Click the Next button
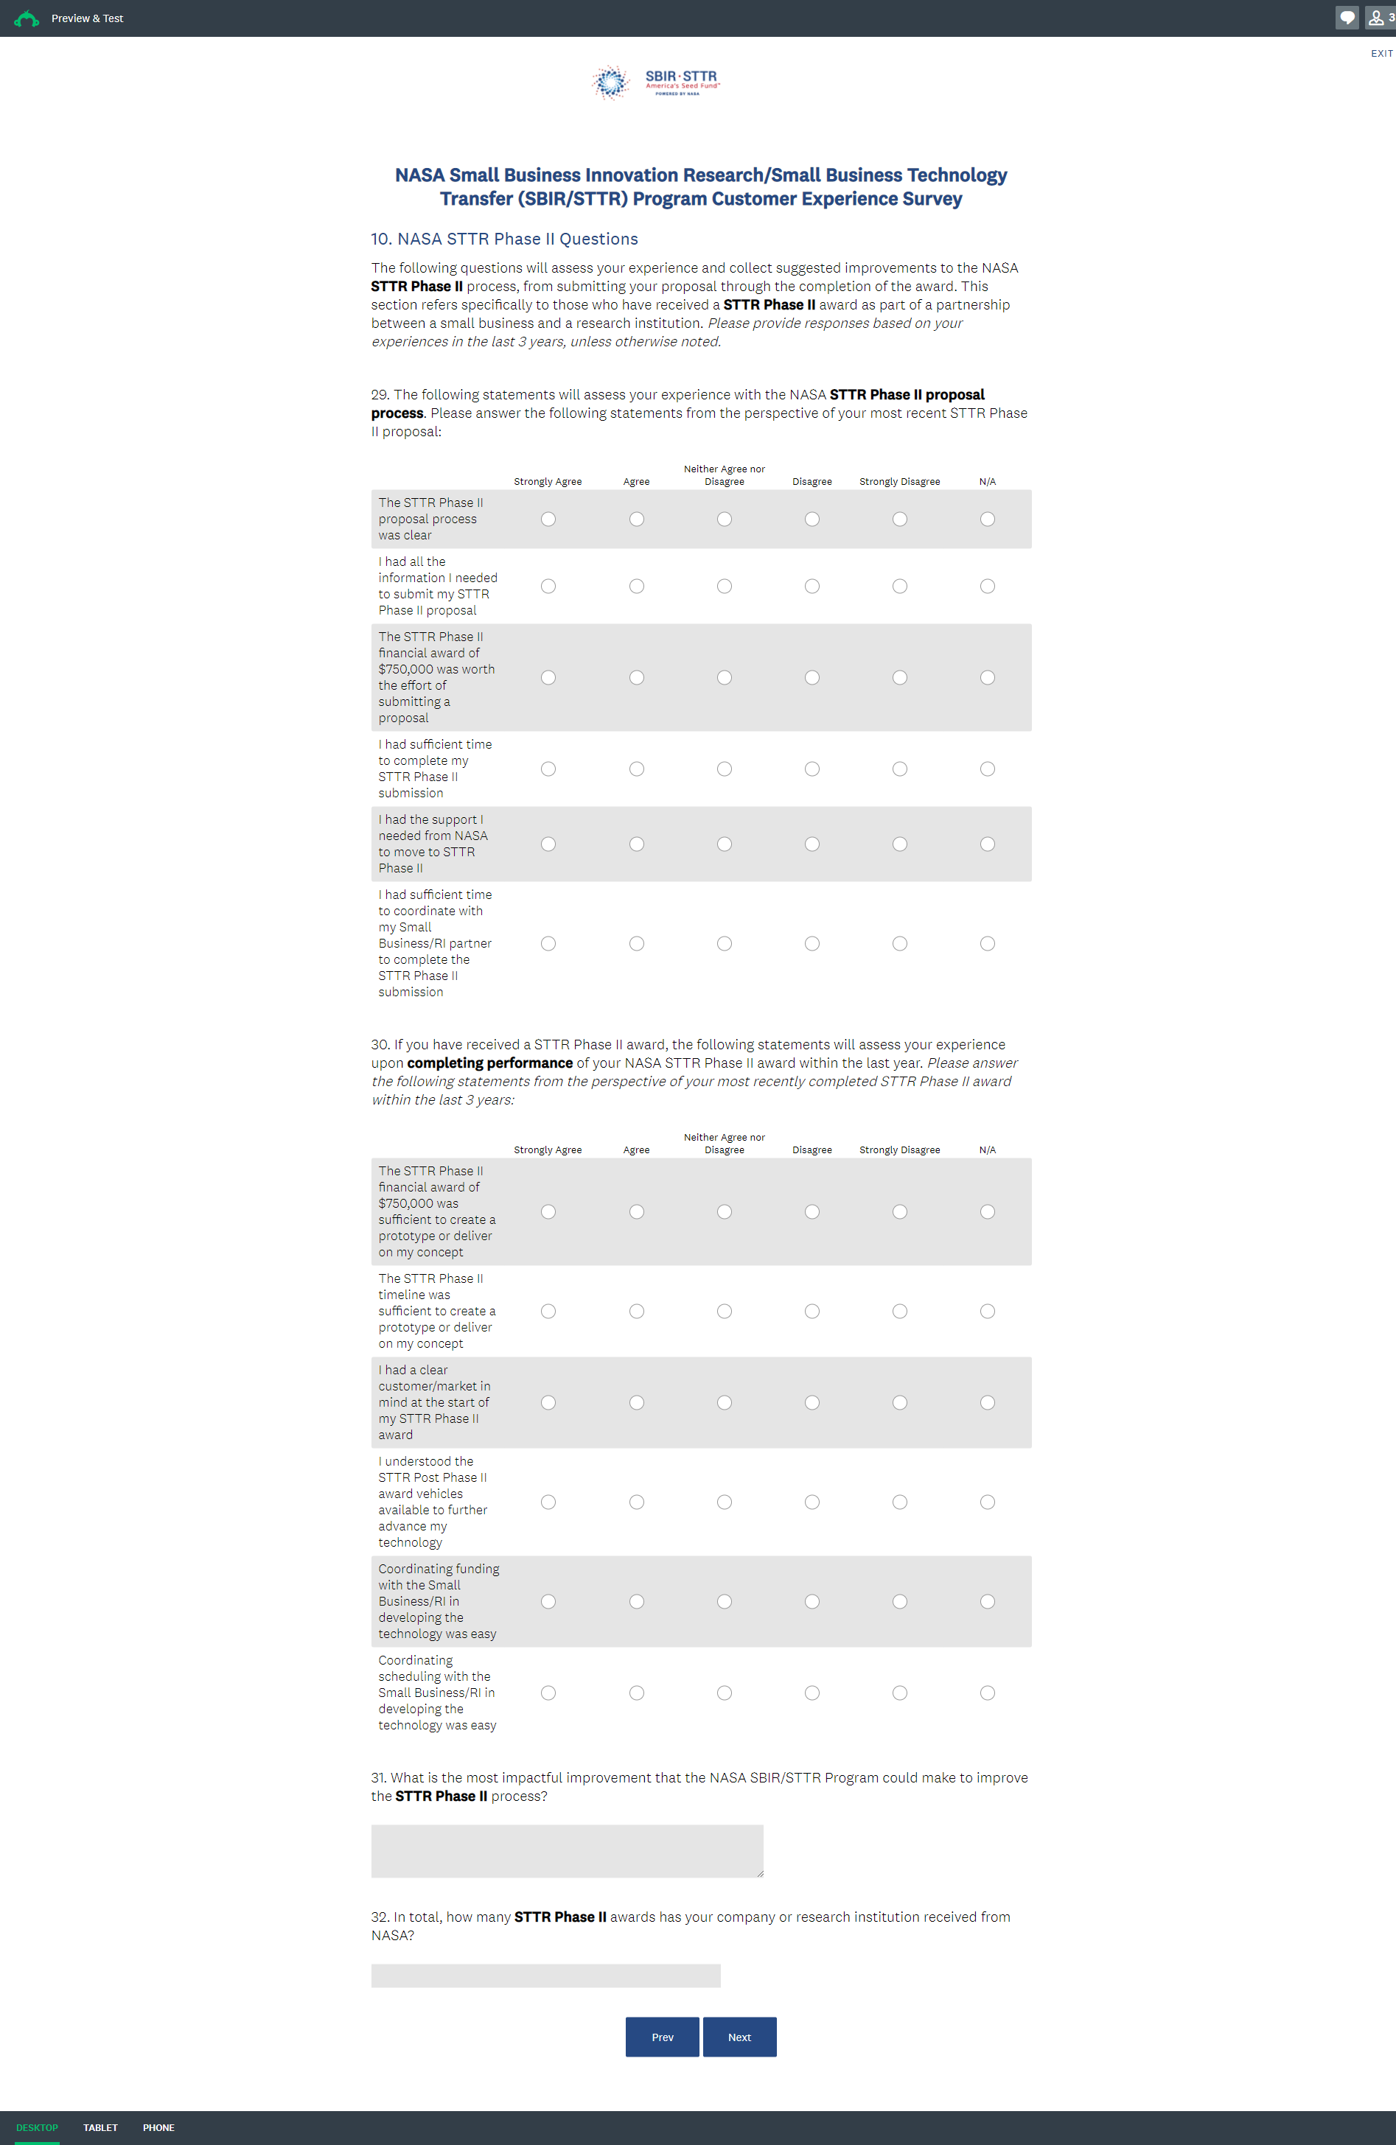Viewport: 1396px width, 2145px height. [x=739, y=2037]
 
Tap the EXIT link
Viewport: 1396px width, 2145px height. [x=1381, y=54]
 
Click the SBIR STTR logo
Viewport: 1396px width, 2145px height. [x=656, y=82]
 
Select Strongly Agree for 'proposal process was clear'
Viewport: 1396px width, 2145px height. [x=548, y=519]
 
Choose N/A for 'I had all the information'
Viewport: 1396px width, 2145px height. [x=987, y=587]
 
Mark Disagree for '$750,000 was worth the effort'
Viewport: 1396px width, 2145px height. [x=812, y=678]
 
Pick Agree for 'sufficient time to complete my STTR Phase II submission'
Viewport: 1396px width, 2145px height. [x=636, y=769]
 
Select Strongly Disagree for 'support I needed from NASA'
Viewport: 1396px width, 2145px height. [x=899, y=844]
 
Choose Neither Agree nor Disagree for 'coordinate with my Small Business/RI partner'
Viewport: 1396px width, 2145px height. [x=724, y=944]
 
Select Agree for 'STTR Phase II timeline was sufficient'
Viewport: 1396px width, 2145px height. [x=636, y=1312]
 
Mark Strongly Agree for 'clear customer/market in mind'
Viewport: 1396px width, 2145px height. [x=548, y=1402]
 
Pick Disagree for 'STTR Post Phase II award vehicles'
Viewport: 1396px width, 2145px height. [x=812, y=1502]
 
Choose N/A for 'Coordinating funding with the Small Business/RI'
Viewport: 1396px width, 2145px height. [x=987, y=1601]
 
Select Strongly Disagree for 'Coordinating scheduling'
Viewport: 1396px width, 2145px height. [x=899, y=1693]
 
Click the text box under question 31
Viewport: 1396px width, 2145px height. [x=567, y=1851]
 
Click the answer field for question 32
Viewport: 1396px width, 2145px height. [x=545, y=1976]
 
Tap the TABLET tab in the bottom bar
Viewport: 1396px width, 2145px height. [x=100, y=2128]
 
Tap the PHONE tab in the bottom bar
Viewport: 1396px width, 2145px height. [x=158, y=2128]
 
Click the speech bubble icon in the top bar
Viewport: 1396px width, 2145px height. [x=1347, y=18]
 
